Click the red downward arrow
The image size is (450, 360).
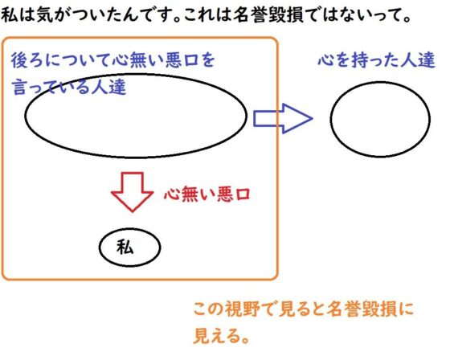133,192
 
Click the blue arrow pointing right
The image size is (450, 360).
283,118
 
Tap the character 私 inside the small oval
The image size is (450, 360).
125,247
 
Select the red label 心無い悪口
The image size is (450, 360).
207,194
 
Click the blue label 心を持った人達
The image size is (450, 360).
377,60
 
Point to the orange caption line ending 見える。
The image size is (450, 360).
221,336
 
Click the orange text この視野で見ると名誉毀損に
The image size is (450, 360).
304,309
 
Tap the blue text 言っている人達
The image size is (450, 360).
69,87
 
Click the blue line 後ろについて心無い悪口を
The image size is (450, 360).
112,60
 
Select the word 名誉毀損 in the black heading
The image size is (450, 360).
268,15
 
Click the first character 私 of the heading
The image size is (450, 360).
10,15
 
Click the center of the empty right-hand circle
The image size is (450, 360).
380,119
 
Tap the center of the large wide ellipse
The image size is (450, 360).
136,116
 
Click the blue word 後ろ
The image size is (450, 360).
27,60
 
